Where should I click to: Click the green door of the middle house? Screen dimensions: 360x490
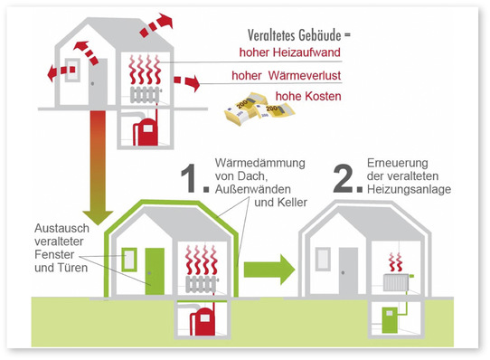(x=155, y=270)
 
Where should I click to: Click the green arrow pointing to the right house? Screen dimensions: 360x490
(x=272, y=267)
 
